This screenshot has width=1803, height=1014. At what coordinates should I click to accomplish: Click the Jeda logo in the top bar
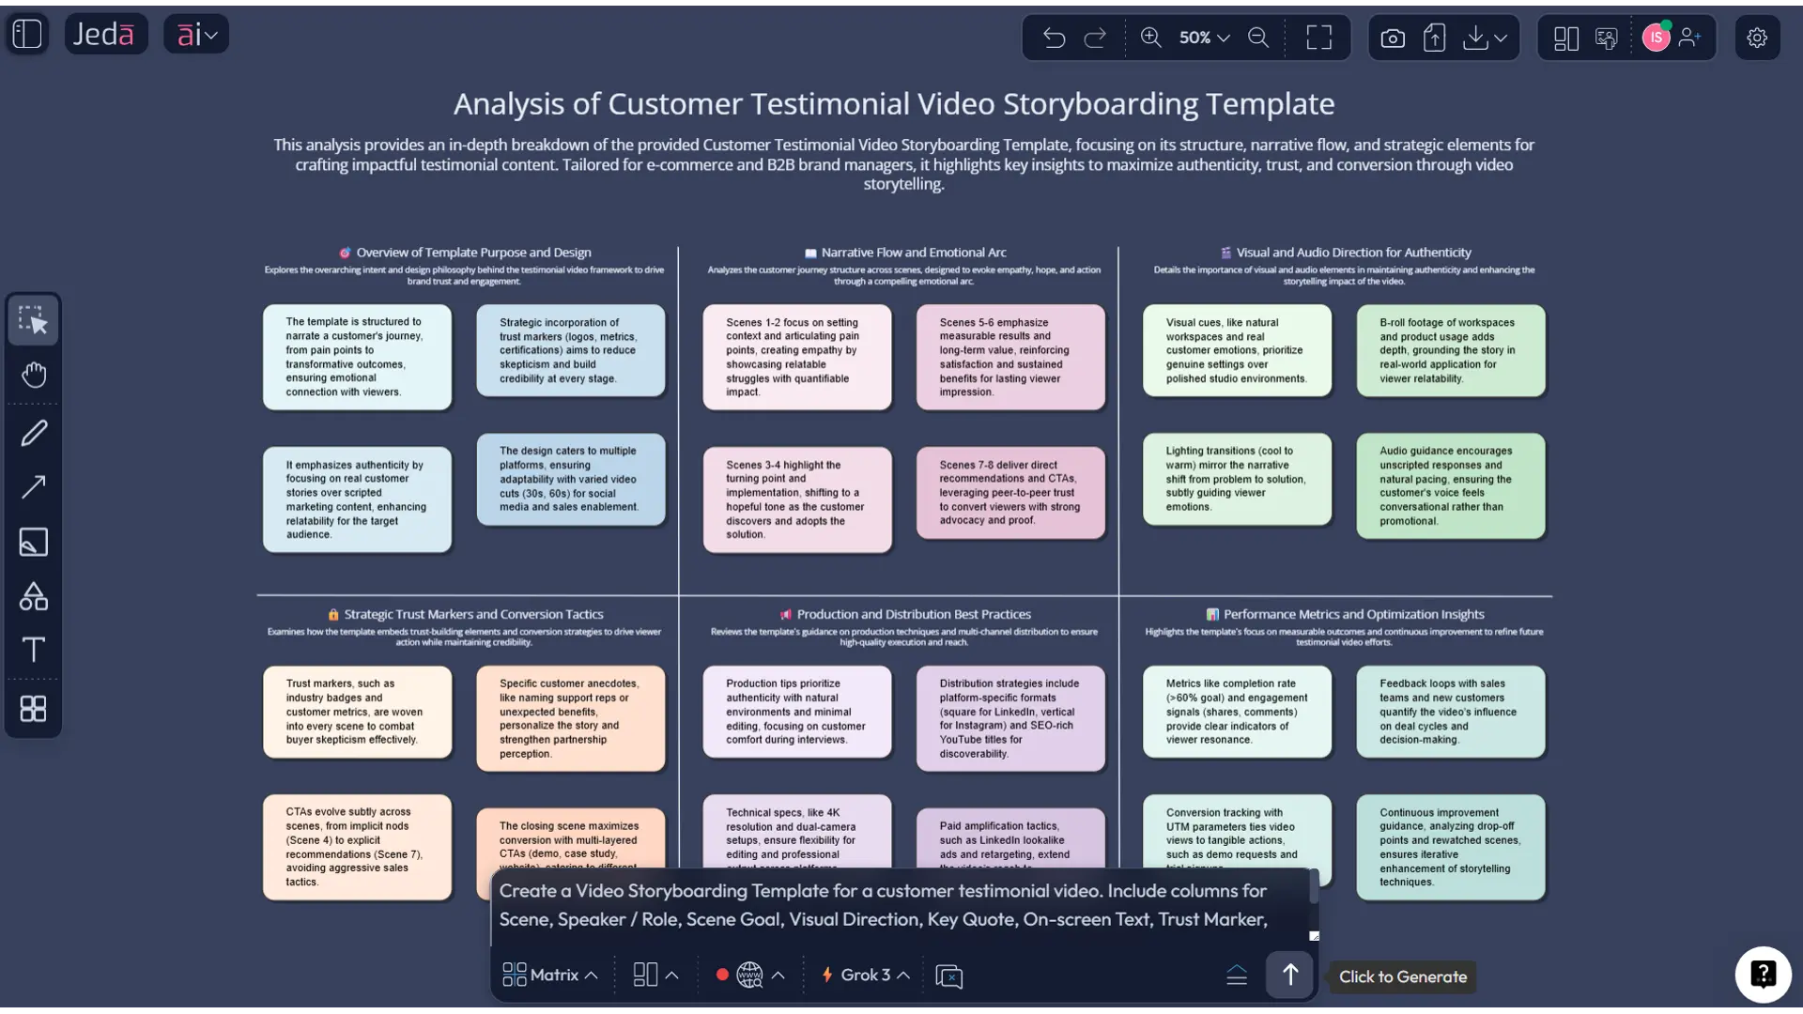105,35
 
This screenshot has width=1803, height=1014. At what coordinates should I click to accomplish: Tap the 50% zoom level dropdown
1204,38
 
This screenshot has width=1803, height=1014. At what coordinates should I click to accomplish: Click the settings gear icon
1756,38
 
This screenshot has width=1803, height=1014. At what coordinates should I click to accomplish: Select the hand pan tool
34,376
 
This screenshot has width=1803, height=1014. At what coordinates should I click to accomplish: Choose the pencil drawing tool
34,433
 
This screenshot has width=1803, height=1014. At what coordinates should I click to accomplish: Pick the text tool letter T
34,650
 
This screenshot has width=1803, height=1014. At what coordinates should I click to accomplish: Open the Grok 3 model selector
866,976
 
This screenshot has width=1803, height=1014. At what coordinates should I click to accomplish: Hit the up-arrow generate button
1289,976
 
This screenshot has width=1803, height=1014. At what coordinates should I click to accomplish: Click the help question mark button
1763,975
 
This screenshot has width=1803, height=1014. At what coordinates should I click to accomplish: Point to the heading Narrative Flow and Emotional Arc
913,253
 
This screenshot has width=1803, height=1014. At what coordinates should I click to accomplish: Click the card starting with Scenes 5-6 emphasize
1010,357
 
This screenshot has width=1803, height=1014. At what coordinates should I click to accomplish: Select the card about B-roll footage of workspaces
1450,350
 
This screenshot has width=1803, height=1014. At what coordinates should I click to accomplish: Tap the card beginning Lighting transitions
1237,479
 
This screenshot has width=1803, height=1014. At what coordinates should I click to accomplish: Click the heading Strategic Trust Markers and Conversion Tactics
473,615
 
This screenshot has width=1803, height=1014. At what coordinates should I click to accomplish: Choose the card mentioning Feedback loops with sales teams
1450,712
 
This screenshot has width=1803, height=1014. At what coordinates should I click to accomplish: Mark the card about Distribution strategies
1010,718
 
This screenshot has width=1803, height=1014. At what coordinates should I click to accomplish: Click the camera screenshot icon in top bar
1393,38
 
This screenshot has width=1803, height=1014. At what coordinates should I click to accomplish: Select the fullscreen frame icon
1318,38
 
